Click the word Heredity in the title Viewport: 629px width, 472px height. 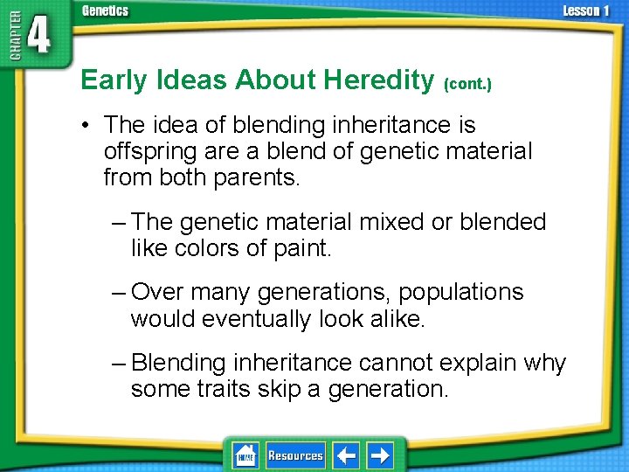tap(378, 80)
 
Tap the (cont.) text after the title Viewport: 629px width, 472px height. tap(467, 84)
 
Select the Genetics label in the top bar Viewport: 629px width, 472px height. tap(105, 11)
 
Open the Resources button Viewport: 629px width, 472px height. tap(295, 455)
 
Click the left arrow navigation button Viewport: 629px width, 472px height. tap(348, 455)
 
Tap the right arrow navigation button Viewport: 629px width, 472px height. tap(380, 455)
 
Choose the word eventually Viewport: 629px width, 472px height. tap(255, 318)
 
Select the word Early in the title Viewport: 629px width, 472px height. tap(114, 80)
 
